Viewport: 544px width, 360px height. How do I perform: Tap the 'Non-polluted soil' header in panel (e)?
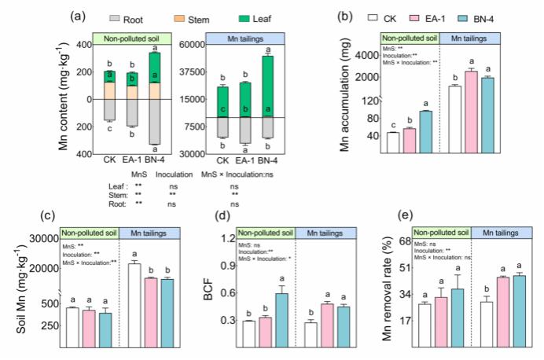click(441, 233)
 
